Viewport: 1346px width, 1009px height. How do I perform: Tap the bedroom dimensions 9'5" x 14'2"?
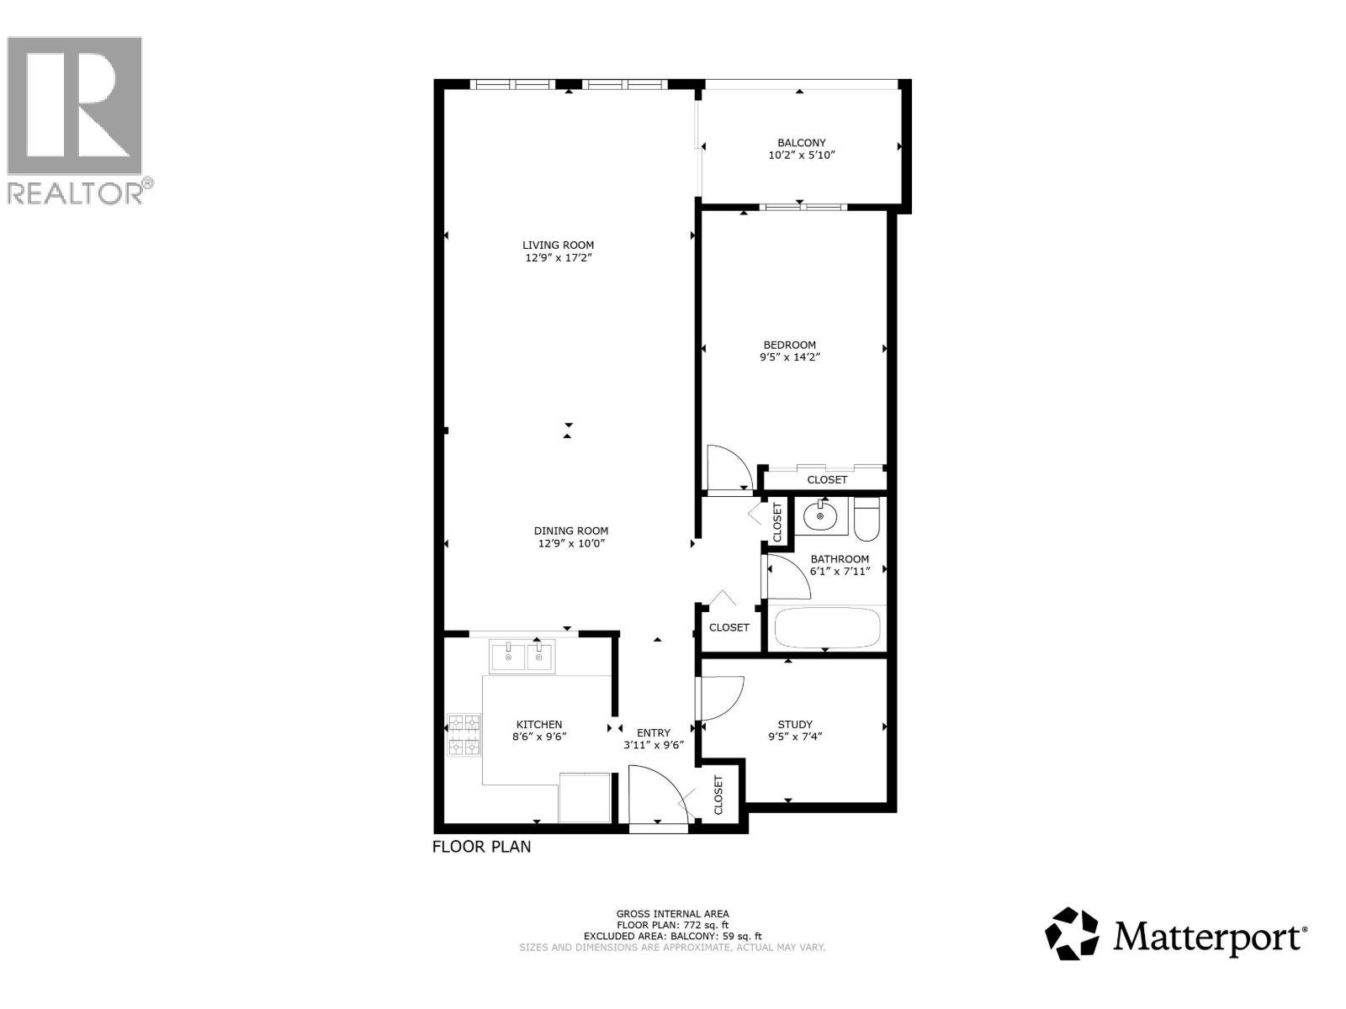click(x=789, y=357)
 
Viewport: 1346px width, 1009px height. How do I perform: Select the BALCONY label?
click(x=801, y=143)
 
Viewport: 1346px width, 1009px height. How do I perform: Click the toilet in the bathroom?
click(x=866, y=519)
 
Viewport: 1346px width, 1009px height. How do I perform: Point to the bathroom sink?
click(x=819, y=515)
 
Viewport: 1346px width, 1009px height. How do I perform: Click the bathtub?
click(x=827, y=627)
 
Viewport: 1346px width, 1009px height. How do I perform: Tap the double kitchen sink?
click(x=522, y=656)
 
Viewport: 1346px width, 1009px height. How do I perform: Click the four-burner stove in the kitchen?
click(x=464, y=734)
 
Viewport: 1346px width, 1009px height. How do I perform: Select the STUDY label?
click(x=795, y=724)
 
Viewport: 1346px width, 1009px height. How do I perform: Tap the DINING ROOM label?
click(x=571, y=531)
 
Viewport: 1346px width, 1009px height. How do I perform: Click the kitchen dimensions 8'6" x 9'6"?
click(x=539, y=737)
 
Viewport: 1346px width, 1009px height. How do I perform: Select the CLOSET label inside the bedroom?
click(x=827, y=479)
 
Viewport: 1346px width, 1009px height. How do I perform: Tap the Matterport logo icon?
click(x=1072, y=933)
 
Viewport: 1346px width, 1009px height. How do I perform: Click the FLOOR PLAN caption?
click(x=481, y=847)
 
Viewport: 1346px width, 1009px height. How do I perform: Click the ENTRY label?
click(x=654, y=732)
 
